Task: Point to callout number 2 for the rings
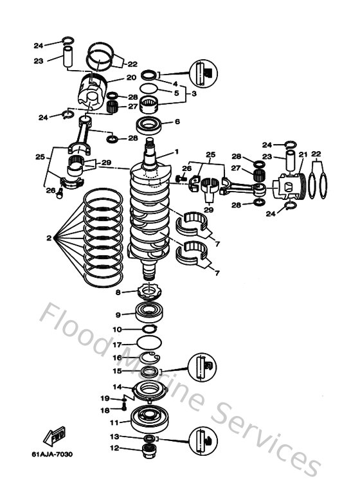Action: coord(49,239)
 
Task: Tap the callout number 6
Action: coord(177,122)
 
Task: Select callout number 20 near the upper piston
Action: coord(131,78)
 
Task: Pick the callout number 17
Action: coord(118,345)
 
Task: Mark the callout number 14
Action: coord(118,387)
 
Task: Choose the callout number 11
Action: coord(114,422)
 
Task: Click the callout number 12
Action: coord(114,448)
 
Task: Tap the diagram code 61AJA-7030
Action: coord(52,455)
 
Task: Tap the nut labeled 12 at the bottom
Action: coord(149,448)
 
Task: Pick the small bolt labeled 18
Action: coord(123,407)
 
